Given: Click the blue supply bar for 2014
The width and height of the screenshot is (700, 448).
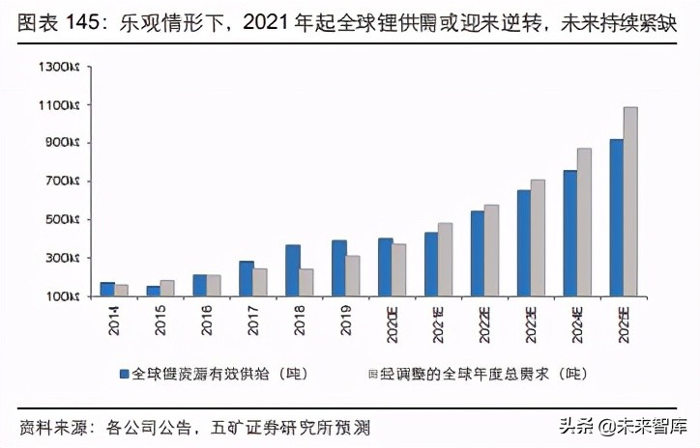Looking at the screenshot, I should point(107,289).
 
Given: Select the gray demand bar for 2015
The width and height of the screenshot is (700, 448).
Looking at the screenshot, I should point(167,288).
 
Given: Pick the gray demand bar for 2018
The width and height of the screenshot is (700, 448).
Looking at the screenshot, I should point(306,282).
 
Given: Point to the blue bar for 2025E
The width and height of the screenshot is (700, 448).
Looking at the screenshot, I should point(616,217).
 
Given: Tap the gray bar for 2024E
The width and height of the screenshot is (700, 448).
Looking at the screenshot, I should point(584,222).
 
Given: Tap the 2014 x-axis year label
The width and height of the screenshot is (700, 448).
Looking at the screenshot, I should point(114,322).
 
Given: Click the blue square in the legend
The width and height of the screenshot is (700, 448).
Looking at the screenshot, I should point(125,372).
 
